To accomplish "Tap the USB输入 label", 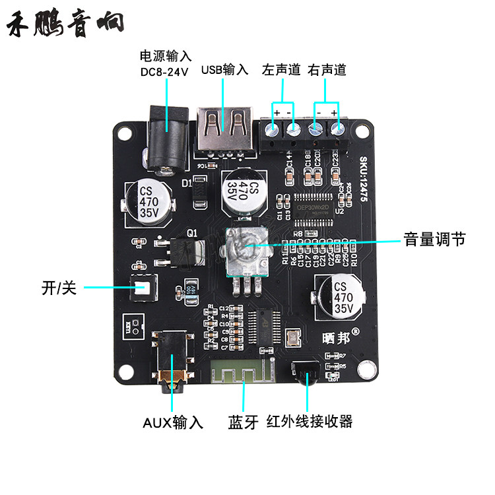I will tap(225, 69).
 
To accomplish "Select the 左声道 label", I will tap(281, 69).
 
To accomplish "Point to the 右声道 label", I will tap(327, 69).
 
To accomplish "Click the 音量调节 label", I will tap(434, 239).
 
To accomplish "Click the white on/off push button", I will tap(143, 288).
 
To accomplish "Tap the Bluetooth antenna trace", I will tap(242, 376).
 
